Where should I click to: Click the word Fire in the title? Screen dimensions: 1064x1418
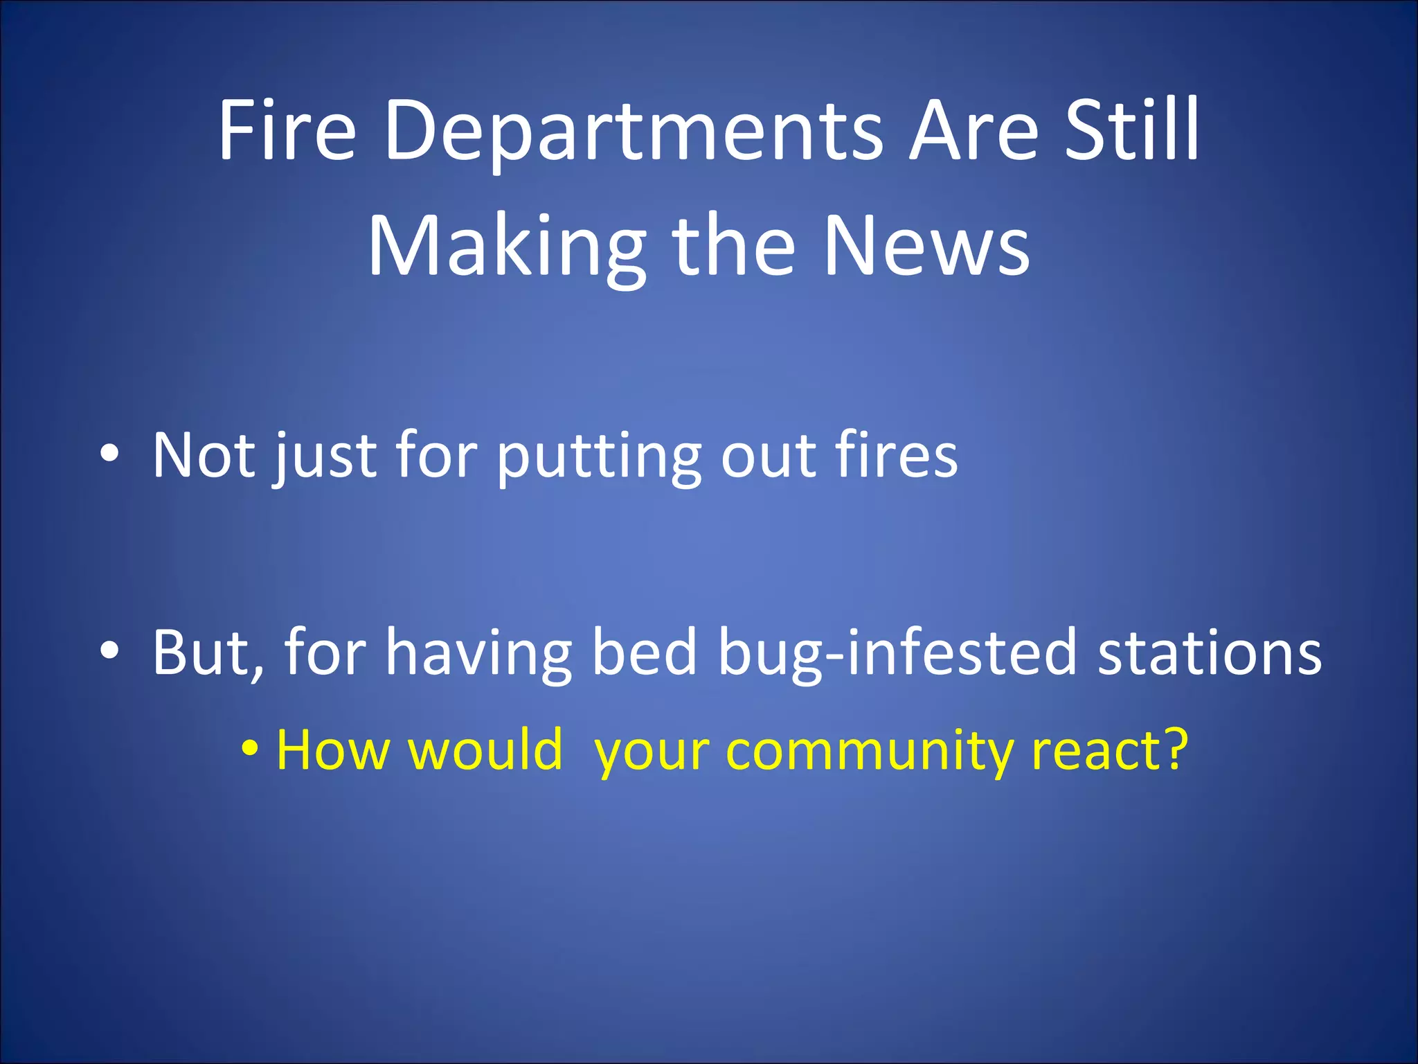coord(287,130)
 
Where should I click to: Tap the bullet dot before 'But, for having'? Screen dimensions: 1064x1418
coord(109,651)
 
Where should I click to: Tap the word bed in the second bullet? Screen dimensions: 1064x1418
coord(644,651)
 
